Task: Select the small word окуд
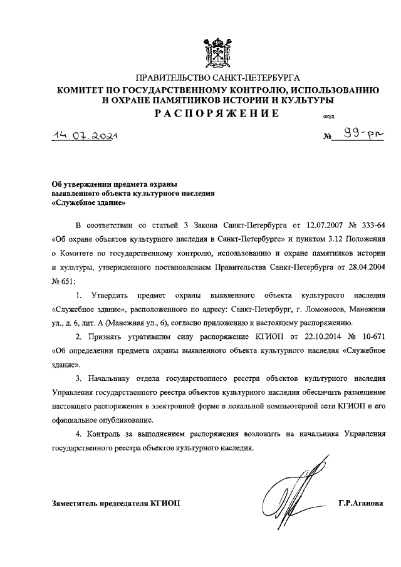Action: [x=329, y=116]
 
